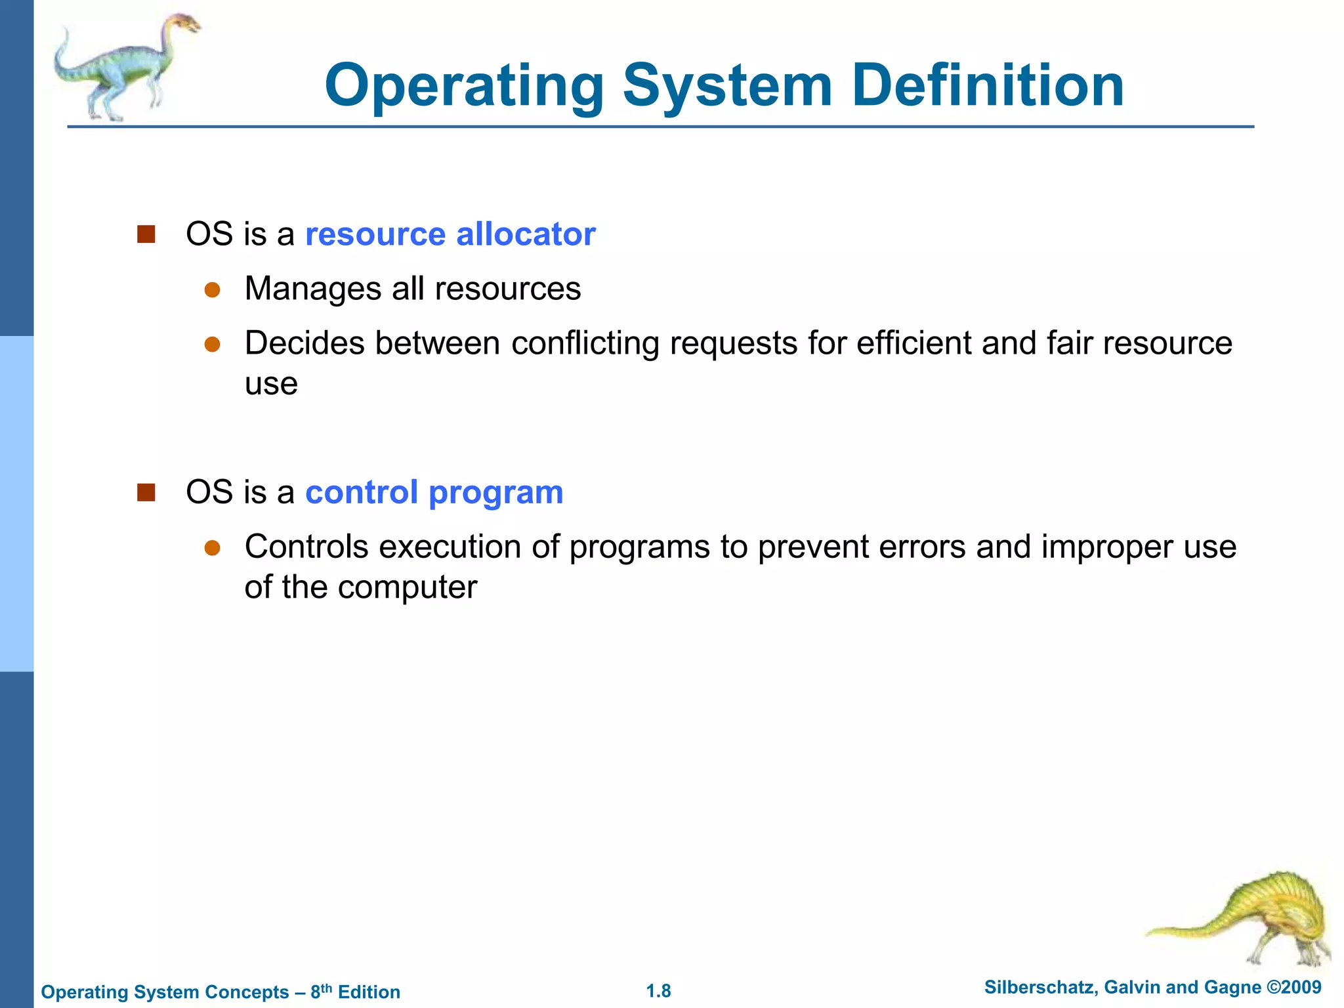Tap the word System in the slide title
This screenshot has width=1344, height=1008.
[727, 87]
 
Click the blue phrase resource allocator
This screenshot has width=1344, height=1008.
[450, 234]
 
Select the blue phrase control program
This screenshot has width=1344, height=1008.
[434, 492]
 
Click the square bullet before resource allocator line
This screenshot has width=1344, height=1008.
[146, 234]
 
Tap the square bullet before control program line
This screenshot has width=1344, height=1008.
[146, 492]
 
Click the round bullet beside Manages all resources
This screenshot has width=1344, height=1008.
[212, 289]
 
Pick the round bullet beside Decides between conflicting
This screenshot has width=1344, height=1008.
[212, 344]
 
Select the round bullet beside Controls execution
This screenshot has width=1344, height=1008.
[212, 547]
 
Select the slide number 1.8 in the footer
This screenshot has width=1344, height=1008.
[658, 991]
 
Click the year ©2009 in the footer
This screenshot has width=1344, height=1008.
[1293, 987]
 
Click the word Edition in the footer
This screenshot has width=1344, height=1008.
[369, 992]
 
